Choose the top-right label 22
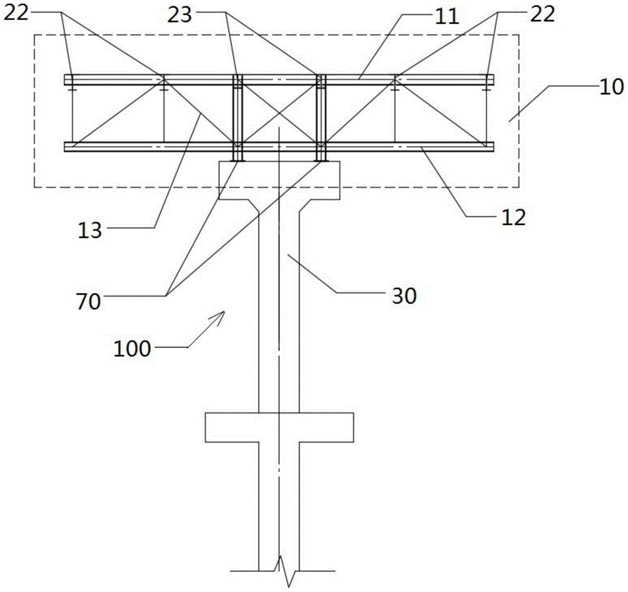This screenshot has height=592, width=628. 542,15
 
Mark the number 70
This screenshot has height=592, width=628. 89,302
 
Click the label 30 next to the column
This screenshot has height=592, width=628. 403,295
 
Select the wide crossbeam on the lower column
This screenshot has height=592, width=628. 279,427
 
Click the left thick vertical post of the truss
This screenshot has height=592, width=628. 237,113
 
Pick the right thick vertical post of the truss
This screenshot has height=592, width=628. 320,113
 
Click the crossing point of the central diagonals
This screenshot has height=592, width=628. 279,112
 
